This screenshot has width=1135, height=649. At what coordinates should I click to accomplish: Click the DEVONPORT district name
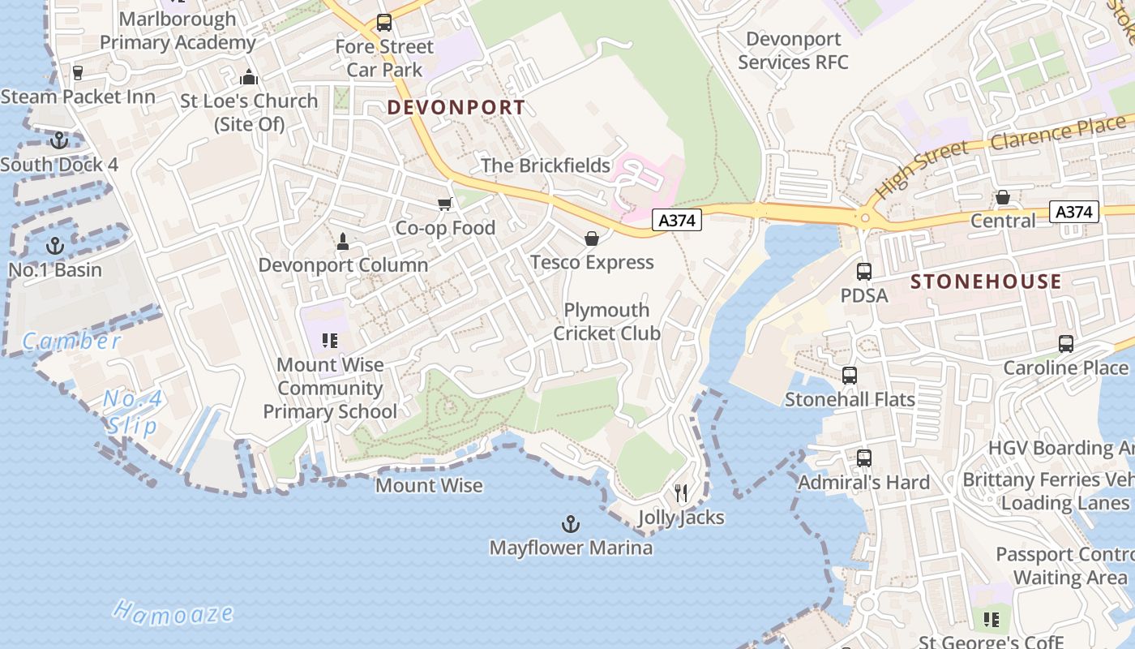456,107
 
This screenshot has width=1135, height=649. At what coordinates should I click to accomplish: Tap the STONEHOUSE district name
986,282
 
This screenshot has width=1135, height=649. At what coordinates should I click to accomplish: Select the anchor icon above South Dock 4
58,140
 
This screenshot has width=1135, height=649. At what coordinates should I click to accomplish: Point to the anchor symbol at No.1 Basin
55,245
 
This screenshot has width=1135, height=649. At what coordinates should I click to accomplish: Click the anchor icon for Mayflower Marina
571,523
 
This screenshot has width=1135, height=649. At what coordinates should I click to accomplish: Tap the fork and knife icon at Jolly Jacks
681,492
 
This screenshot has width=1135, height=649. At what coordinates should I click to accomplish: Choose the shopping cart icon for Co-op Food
444,204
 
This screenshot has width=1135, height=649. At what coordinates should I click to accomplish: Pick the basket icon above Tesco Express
592,238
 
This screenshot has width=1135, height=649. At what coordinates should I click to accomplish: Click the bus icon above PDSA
864,271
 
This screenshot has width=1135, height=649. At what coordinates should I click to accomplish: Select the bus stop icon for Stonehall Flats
850,376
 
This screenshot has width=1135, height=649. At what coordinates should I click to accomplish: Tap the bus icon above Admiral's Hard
864,458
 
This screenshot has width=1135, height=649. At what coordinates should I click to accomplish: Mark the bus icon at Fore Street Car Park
384,23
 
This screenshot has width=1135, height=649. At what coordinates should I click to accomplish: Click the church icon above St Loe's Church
249,77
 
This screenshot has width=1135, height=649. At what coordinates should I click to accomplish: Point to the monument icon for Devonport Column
343,241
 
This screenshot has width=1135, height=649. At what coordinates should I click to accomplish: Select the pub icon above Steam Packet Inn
78,73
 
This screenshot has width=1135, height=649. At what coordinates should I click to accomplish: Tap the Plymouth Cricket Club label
606,321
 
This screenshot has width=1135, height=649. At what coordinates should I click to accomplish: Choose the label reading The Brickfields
546,165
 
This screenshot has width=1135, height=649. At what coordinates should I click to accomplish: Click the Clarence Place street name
1058,133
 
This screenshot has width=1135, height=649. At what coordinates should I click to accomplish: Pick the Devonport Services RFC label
793,50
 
